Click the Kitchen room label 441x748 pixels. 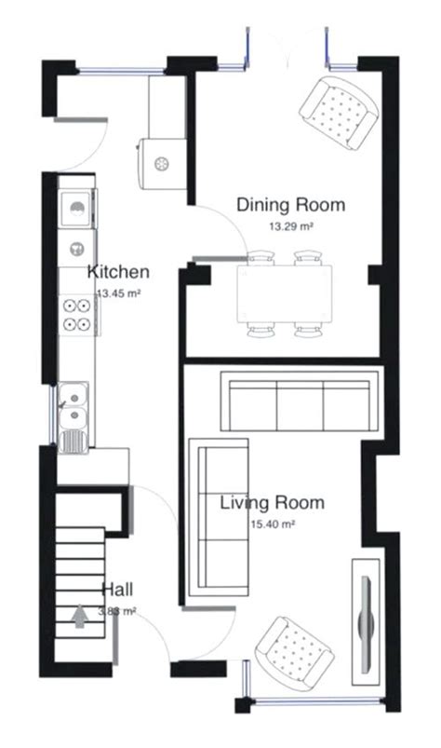pos(118,272)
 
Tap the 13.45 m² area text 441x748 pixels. pos(118,292)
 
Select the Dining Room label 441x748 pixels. pos(290,205)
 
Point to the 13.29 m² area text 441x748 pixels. pos(290,225)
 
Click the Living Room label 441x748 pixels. pos(272,504)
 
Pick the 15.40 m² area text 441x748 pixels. pos(272,524)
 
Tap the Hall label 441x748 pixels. pos(117,590)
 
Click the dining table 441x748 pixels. pos(284,293)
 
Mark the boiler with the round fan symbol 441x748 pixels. pos(160,164)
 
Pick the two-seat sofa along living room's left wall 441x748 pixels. pos(220,522)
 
